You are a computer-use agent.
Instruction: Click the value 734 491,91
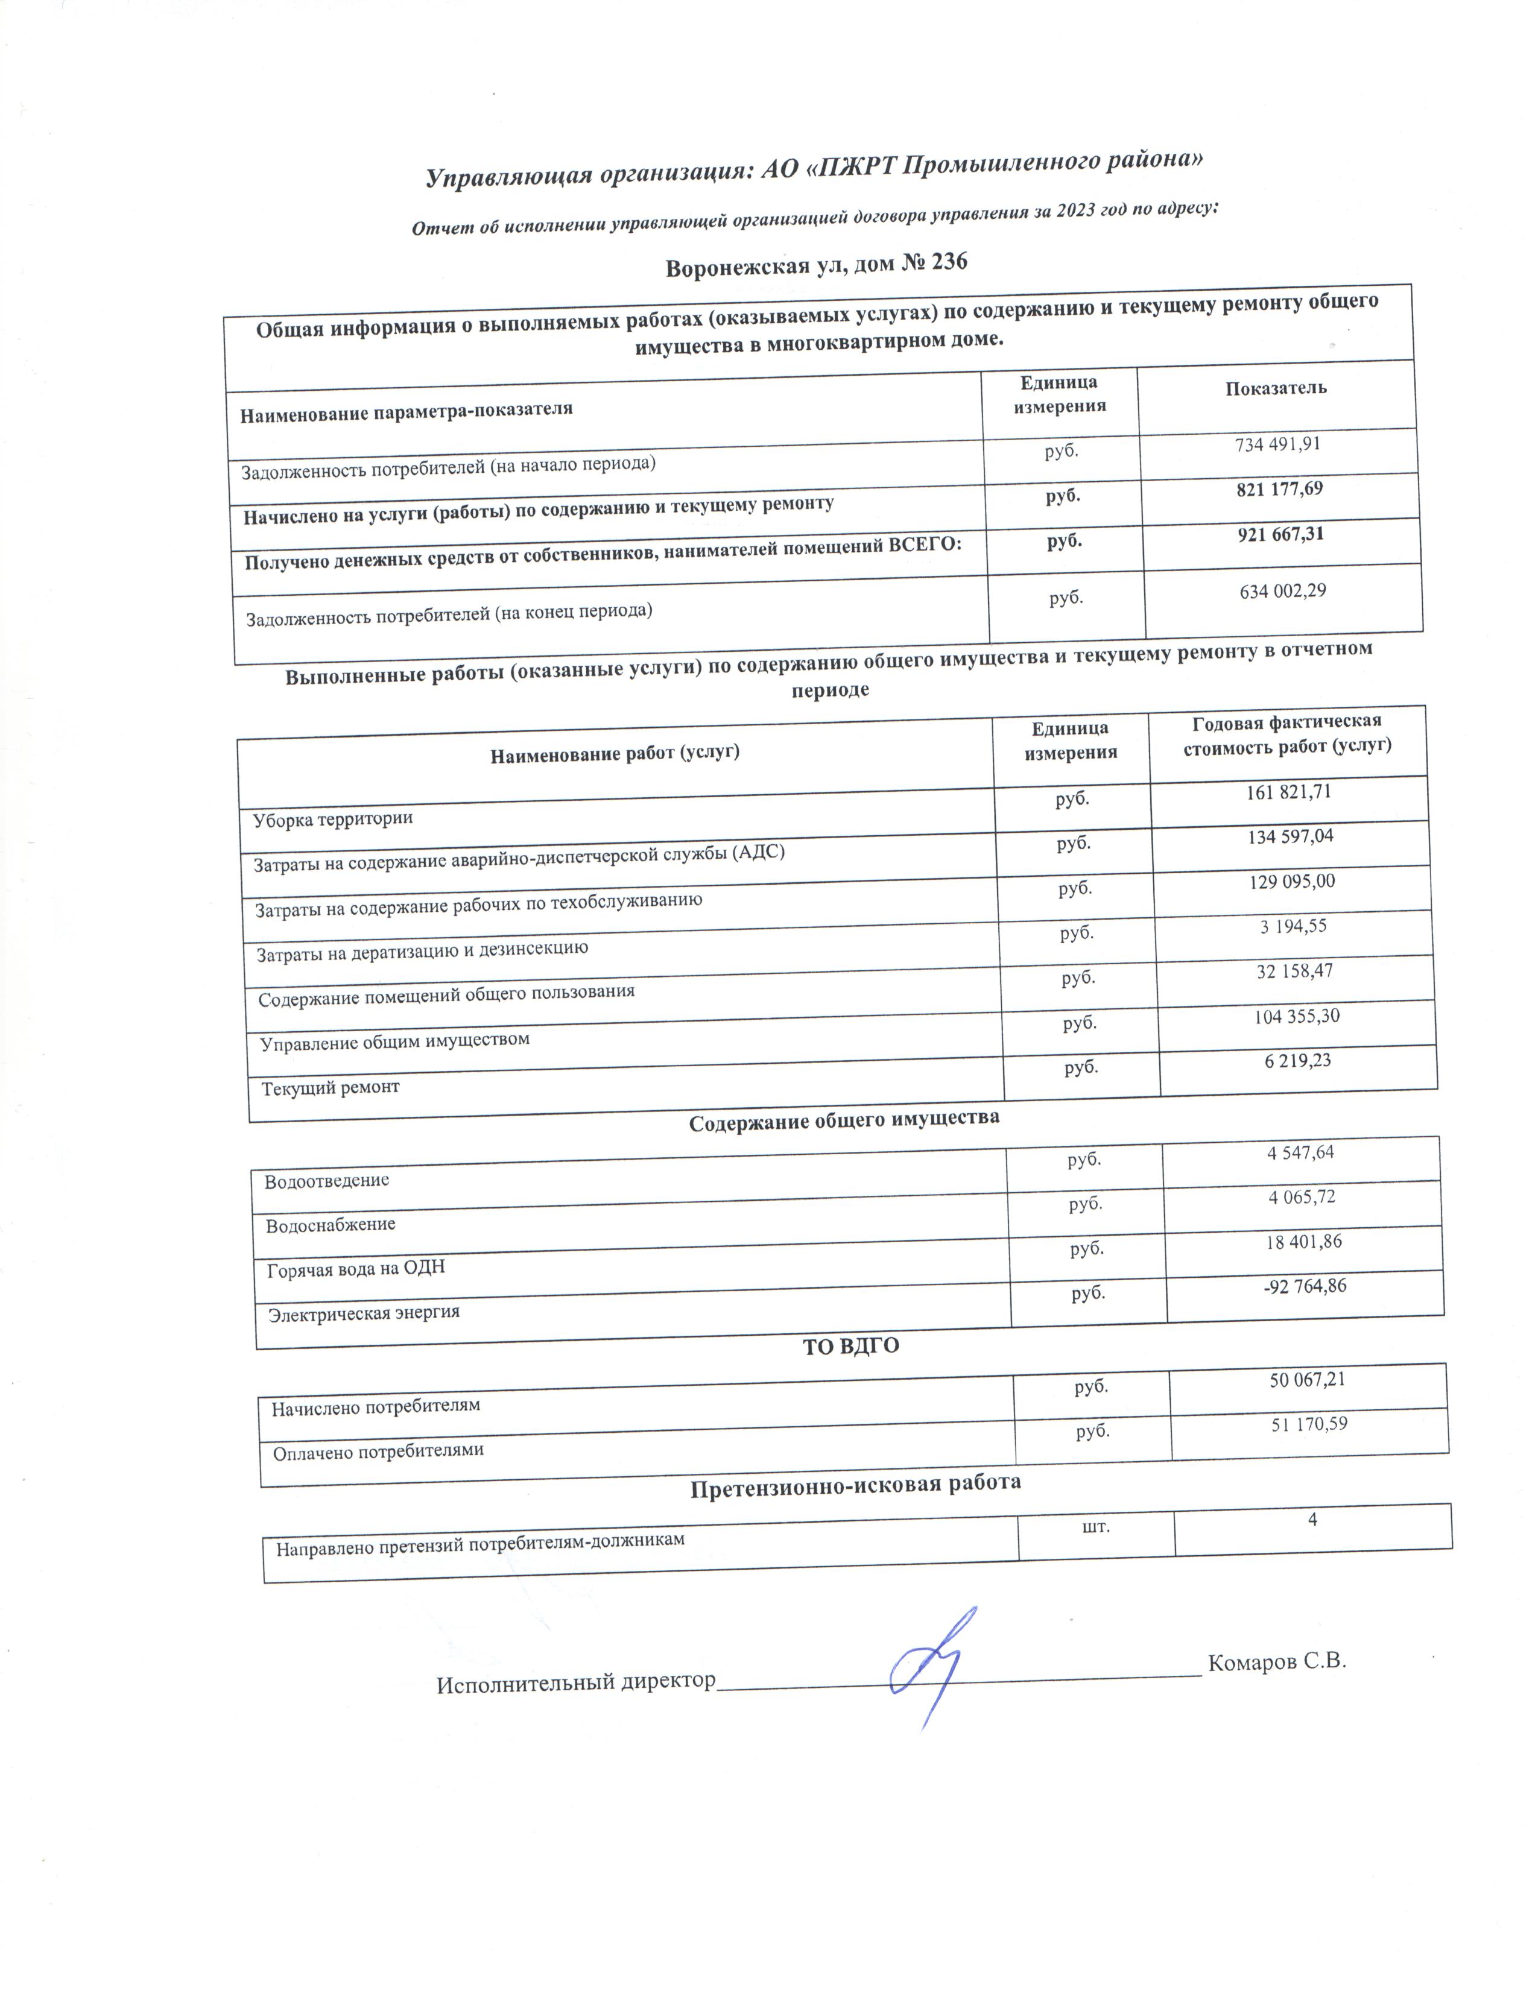[1277, 444]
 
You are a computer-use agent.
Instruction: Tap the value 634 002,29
[1282, 592]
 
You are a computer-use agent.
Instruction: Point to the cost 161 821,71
[1288, 792]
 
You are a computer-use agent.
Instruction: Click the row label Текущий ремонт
[330, 1087]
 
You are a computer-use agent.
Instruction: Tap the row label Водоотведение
[326, 1181]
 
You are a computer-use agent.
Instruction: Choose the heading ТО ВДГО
[850, 1346]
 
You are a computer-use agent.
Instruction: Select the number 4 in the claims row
[1312, 1519]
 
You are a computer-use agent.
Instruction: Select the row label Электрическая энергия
[364, 1313]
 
